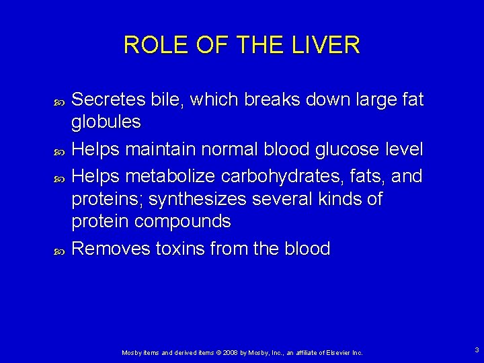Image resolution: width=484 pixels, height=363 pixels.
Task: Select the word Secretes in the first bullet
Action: pyautogui.click(x=108, y=100)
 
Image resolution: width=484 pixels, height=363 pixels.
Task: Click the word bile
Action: pyautogui.click(x=169, y=100)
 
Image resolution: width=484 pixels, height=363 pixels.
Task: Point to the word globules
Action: pyautogui.click(x=106, y=122)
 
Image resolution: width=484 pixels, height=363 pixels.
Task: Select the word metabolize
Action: pyautogui.click(x=170, y=177)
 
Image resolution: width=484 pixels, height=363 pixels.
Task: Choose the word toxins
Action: pyautogui.click(x=181, y=249)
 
